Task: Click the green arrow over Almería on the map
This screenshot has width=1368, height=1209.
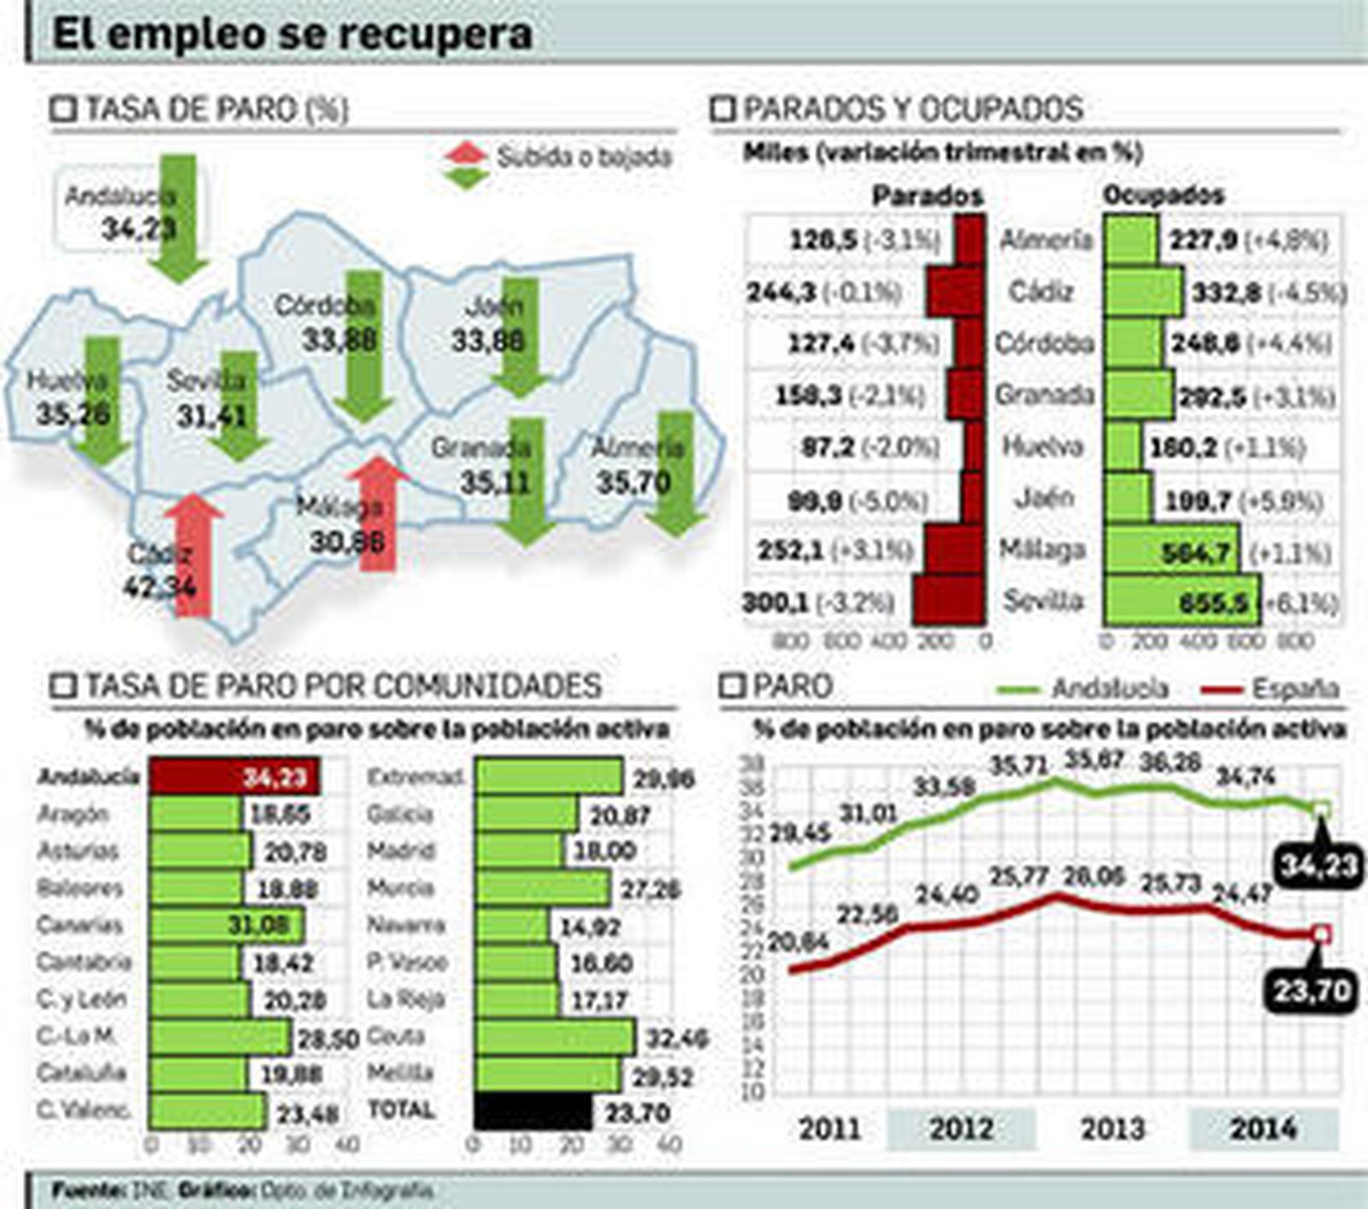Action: [676, 470]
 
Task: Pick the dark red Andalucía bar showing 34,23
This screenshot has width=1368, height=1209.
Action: [234, 776]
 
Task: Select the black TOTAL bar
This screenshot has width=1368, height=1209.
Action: [533, 1112]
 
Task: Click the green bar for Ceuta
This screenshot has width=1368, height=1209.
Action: [555, 1037]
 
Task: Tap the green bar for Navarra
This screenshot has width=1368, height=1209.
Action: [511, 925]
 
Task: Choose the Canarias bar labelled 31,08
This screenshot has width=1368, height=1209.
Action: [226, 924]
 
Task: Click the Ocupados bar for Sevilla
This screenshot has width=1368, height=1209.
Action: [1181, 601]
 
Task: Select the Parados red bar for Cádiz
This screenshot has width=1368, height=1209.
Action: [955, 292]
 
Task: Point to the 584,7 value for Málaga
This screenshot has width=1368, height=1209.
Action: [1195, 553]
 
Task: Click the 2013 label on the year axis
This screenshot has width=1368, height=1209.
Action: [1111, 1129]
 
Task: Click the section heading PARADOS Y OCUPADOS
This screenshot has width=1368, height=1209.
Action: [912, 109]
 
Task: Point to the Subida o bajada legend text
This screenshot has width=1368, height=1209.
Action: [585, 157]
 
